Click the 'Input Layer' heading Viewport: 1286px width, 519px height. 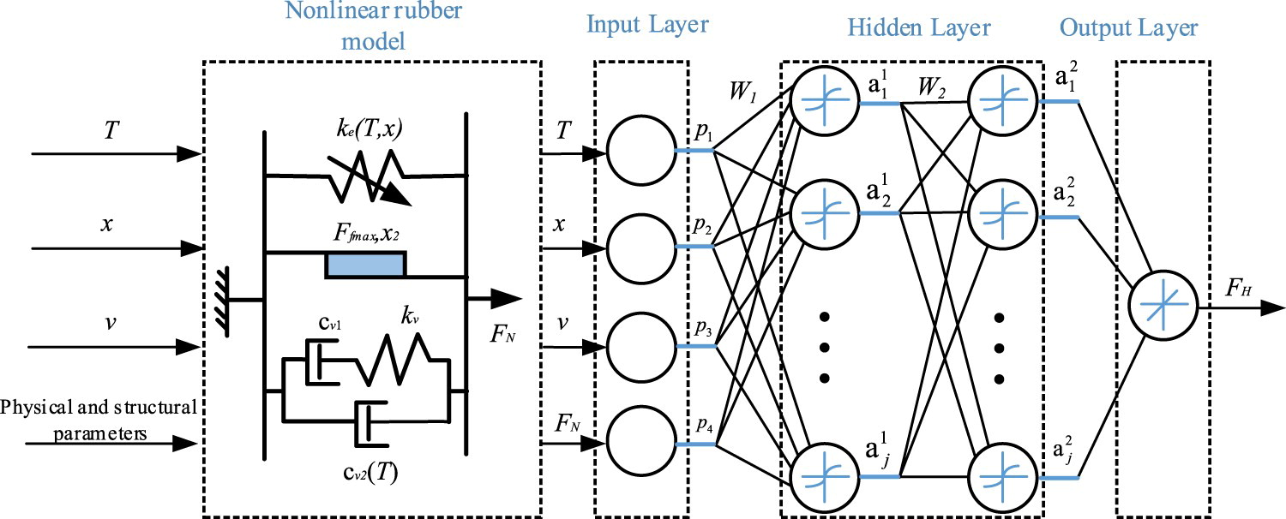(x=647, y=24)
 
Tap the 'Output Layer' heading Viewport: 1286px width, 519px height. (x=1128, y=27)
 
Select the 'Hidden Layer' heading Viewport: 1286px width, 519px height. (x=919, y=27)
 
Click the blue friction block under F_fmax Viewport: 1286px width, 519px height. (x=365, y=265)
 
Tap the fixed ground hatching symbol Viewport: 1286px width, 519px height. (x=227, y=301)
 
